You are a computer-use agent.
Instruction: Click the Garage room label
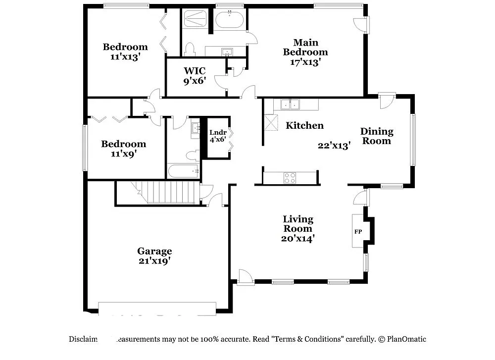(x=154, y=251)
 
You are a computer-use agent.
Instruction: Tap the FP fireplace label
(x=358, y=231)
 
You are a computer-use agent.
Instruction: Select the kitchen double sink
(x=290, y=104)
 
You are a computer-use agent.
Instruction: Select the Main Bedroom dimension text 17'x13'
(x=305, y=62)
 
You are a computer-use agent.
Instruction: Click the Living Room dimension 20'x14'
(x=298, y=238)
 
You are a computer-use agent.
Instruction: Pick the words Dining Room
(x=376, y=136)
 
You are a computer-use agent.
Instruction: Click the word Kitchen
(x=305, y=126)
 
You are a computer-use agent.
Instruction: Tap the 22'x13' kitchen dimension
(x=334, y=146)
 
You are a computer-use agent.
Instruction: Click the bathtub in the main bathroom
(x=229, y=20)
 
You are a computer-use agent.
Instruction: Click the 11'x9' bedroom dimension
(x=123, y=154)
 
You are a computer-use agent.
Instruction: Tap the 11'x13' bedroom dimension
(x=125, y=56)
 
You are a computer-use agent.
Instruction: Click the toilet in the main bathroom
(x=190, y=49)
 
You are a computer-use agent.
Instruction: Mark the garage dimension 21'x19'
(x=154, y=260)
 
